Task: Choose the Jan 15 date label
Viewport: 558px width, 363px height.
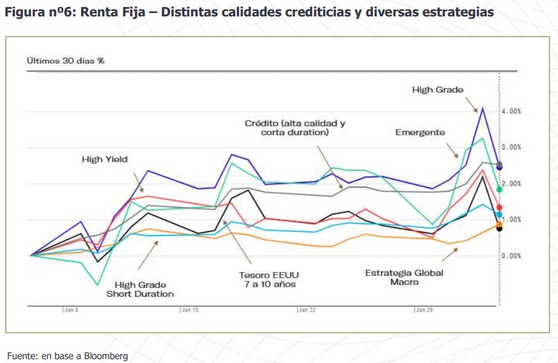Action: click(x=189, y=311)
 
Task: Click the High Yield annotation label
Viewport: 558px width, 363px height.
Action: click(x=104, y=160)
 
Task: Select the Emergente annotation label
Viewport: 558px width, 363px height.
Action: click(x=420, y=133)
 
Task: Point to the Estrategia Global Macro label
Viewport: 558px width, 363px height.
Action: click(x=404, y=278)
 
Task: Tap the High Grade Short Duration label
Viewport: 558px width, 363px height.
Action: click(x=140, y=289)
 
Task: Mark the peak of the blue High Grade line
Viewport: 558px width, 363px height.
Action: click(x=483, y=108)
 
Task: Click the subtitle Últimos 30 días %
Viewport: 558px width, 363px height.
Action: click(x=65, y=61)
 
